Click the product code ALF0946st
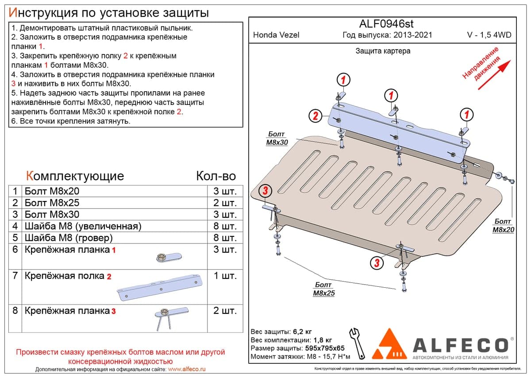click(x=386, y=24)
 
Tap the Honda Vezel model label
click(x=276, y=35)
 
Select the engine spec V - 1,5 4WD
click(x=489, y=35)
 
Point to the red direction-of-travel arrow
click(x=494, y=75)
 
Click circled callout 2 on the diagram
click(x=315, y=116)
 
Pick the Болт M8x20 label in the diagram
click(x=503, y=225)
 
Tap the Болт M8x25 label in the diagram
click(x=324, y=289)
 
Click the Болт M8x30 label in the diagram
click(x=277, y=138)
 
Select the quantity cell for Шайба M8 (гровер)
click(x=225, y=238)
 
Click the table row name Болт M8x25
click(x=52, y=203)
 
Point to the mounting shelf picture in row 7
click(x=160, y=288)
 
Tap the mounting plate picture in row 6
click(x=169, y=257)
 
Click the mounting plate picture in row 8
click(x=171, y=319)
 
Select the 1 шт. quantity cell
click(x=225, y=276)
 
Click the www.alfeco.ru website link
click(x=187, y=369)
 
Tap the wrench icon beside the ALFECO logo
click(x=357, y=343)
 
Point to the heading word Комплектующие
click(x=75, y=176)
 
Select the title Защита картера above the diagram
click(x=383, y=51)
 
